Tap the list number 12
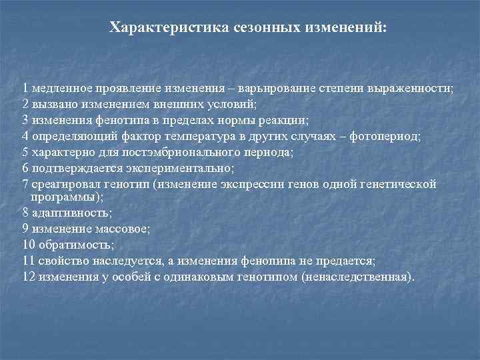tap(28, 276)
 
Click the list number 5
tap(25, 152)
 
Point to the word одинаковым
tap(219, 276)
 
